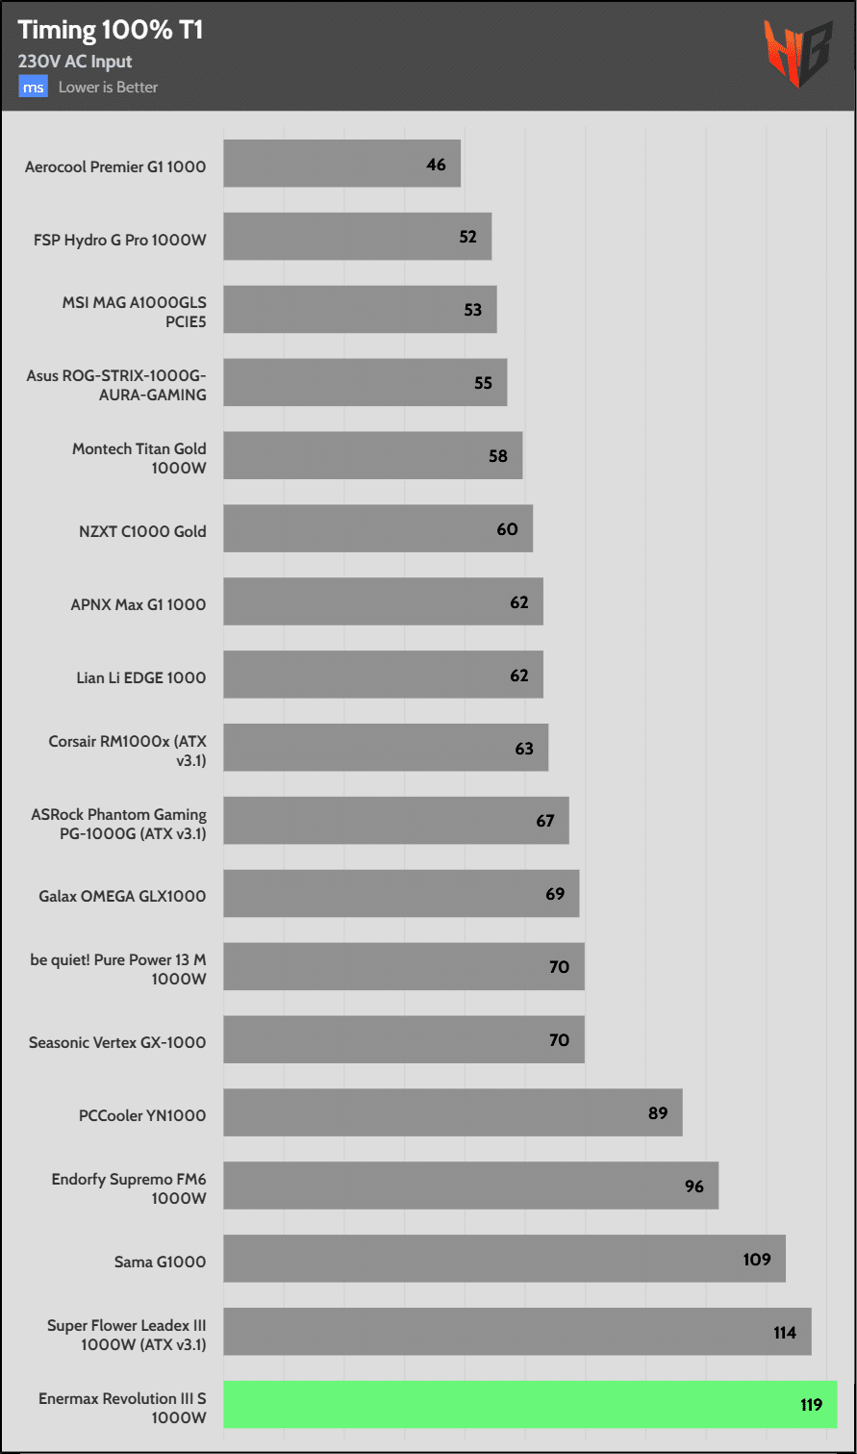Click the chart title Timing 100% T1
110,31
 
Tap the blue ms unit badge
33,88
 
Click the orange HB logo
797,54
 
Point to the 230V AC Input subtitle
75,62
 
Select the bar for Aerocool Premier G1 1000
341,164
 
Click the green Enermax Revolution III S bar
530,1404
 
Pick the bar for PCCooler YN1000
452,1112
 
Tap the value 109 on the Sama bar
757,1259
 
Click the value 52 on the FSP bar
467,237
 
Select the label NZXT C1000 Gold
142,531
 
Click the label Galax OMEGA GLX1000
122,896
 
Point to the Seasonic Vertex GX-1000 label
117,1042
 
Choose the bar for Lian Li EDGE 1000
383,675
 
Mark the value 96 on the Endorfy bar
694,1186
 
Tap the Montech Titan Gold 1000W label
139,458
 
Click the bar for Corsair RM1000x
385,748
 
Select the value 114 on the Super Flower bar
784,1333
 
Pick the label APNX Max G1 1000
139,604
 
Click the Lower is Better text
108,88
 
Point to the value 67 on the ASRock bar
545,821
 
